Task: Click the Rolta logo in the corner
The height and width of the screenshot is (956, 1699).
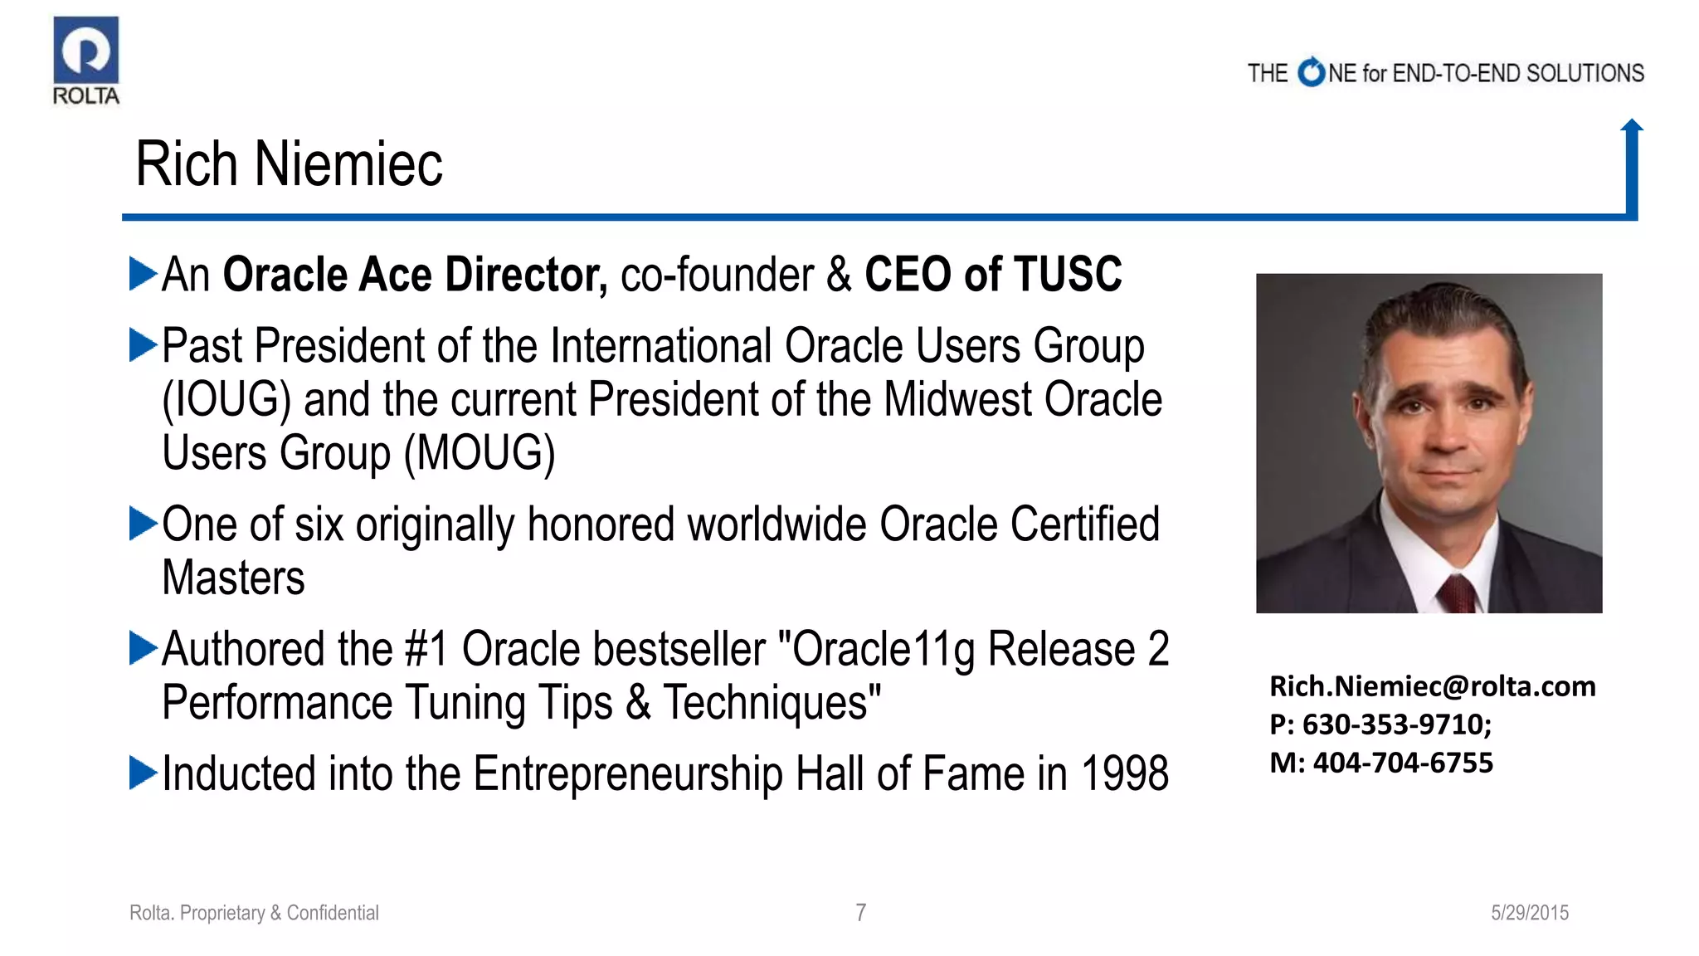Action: (86, 61)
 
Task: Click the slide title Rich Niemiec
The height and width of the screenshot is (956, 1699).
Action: (289, 163)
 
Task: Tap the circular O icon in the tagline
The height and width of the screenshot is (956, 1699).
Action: (1311, 72)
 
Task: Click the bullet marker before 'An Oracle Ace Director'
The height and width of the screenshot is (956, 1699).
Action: (143, 274)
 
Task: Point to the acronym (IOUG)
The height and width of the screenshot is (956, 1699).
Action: (226, 400)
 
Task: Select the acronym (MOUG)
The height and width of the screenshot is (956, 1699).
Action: (480, 454)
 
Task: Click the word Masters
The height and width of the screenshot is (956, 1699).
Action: (233, 578)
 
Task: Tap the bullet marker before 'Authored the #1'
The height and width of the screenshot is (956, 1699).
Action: (143, 648)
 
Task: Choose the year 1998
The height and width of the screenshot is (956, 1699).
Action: (1124, 773)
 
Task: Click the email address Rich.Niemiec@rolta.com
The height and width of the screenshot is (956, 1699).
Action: (1432, 686)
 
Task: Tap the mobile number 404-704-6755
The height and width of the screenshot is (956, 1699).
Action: (1403, 763)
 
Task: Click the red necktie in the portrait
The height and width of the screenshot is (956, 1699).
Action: (1458, 595)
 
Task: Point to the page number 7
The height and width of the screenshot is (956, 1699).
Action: (861, 913)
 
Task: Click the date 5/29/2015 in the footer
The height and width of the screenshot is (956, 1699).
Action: (1529, 913)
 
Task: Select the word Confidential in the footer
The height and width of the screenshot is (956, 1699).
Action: (333, 913)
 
